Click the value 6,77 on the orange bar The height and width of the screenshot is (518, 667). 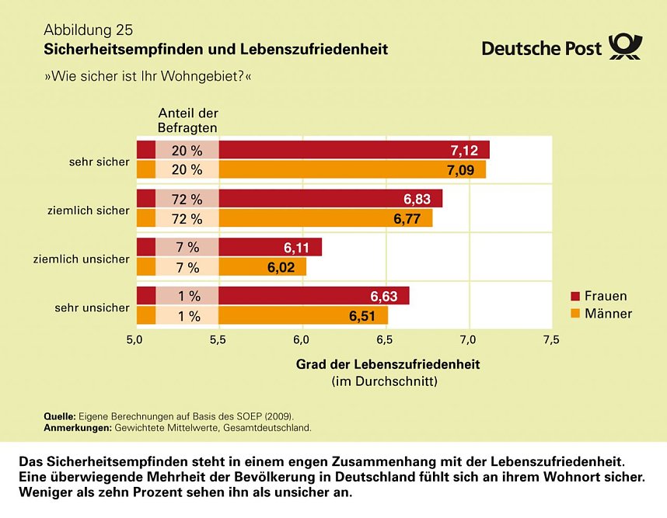pyautogui.click(x=407, y=219)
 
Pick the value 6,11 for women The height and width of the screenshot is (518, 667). pyautogui.click(x=297, y=248)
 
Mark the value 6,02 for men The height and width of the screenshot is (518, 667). pyautogui.click(x=282, y=267)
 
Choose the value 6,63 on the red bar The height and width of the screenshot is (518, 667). pyautogui.click(x=385, y=297)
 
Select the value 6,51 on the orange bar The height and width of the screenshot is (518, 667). pyautogui.click(x=363, y=316)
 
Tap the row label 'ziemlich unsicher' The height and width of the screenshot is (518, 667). pyautogui.click(x=82, y=259)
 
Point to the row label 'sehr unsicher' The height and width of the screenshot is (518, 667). pyautogui.click(x=92, y=308)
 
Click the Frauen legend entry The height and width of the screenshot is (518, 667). pyautogui.click(x=599, y=296)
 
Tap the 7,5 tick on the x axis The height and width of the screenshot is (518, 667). pyautogui.click(x=551, y=339)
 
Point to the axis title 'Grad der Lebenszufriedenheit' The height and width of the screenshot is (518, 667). pyautogui.click(x=388, y=364)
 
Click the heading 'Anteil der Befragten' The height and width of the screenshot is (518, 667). pyautogui.click(x=188, y=120)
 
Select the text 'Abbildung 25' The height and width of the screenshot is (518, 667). pyautogui.click(x=88, y=30)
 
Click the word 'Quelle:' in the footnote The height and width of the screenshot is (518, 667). pyautogui.click(x=59, y=417)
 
